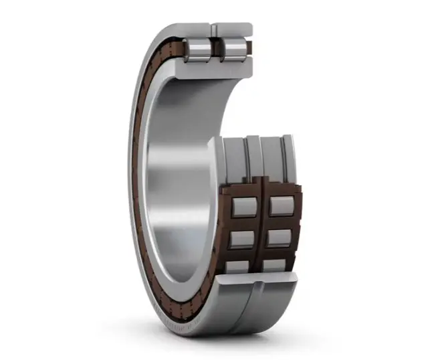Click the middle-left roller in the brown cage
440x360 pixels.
pyautogui.click(x=241, y=239)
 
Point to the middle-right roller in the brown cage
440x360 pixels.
pyautogui.click(x=279, y=238)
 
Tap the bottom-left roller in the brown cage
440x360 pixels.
pyautogui.click(x=238, y=266)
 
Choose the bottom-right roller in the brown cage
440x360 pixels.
pyautogui.click(x=275, y=265)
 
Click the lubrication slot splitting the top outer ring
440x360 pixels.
pyautogui.click(x=214, y=30)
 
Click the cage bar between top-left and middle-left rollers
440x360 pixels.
pyautogui.click(x=242, y=222)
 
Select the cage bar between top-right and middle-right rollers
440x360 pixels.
pyautogui.click(x=280, y=222)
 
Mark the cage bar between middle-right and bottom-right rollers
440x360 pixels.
pyautogui.click(x=278, y=252)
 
